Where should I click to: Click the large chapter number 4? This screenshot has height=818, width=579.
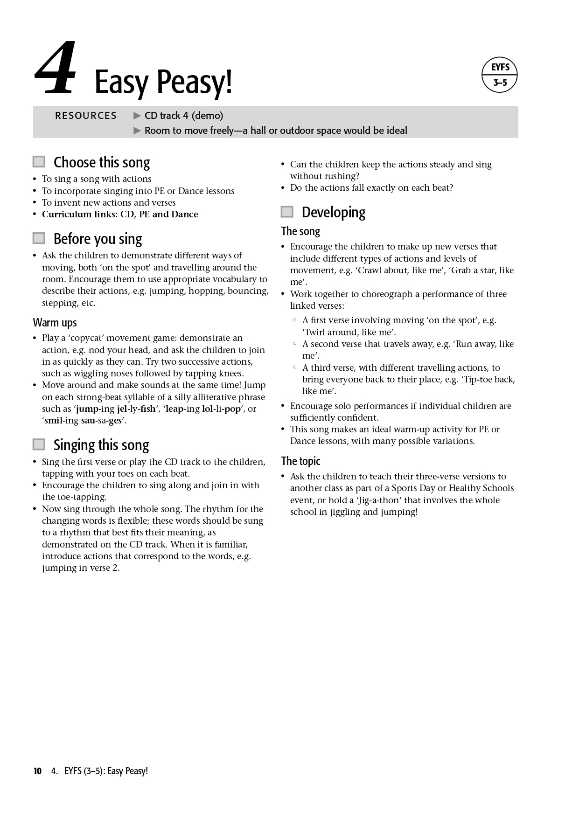pos(56,68)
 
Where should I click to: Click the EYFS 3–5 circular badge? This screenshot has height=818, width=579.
pos(500,75)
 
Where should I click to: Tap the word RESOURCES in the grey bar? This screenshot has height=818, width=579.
pos(86,116)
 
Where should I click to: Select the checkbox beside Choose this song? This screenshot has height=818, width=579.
pos(39,162)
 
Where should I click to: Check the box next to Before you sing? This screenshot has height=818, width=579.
pos(39,238)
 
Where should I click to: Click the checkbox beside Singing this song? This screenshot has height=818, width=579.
pos(39,444)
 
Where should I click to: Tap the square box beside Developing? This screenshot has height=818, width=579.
pos(287,212)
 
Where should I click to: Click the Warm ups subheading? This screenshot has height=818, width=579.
pos(55,323)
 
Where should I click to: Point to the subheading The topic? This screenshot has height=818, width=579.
pos(300,461)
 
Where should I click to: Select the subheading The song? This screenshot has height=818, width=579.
pos(300,231)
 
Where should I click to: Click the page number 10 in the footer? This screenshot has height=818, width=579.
pos(37,771)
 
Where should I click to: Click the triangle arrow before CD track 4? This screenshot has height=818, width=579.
pos(137,116)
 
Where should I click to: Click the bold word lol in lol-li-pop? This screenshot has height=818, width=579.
pos(207,409)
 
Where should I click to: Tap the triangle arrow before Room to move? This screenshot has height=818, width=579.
pos(137,131)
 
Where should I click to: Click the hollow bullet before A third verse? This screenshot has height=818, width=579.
pos(295,367)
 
